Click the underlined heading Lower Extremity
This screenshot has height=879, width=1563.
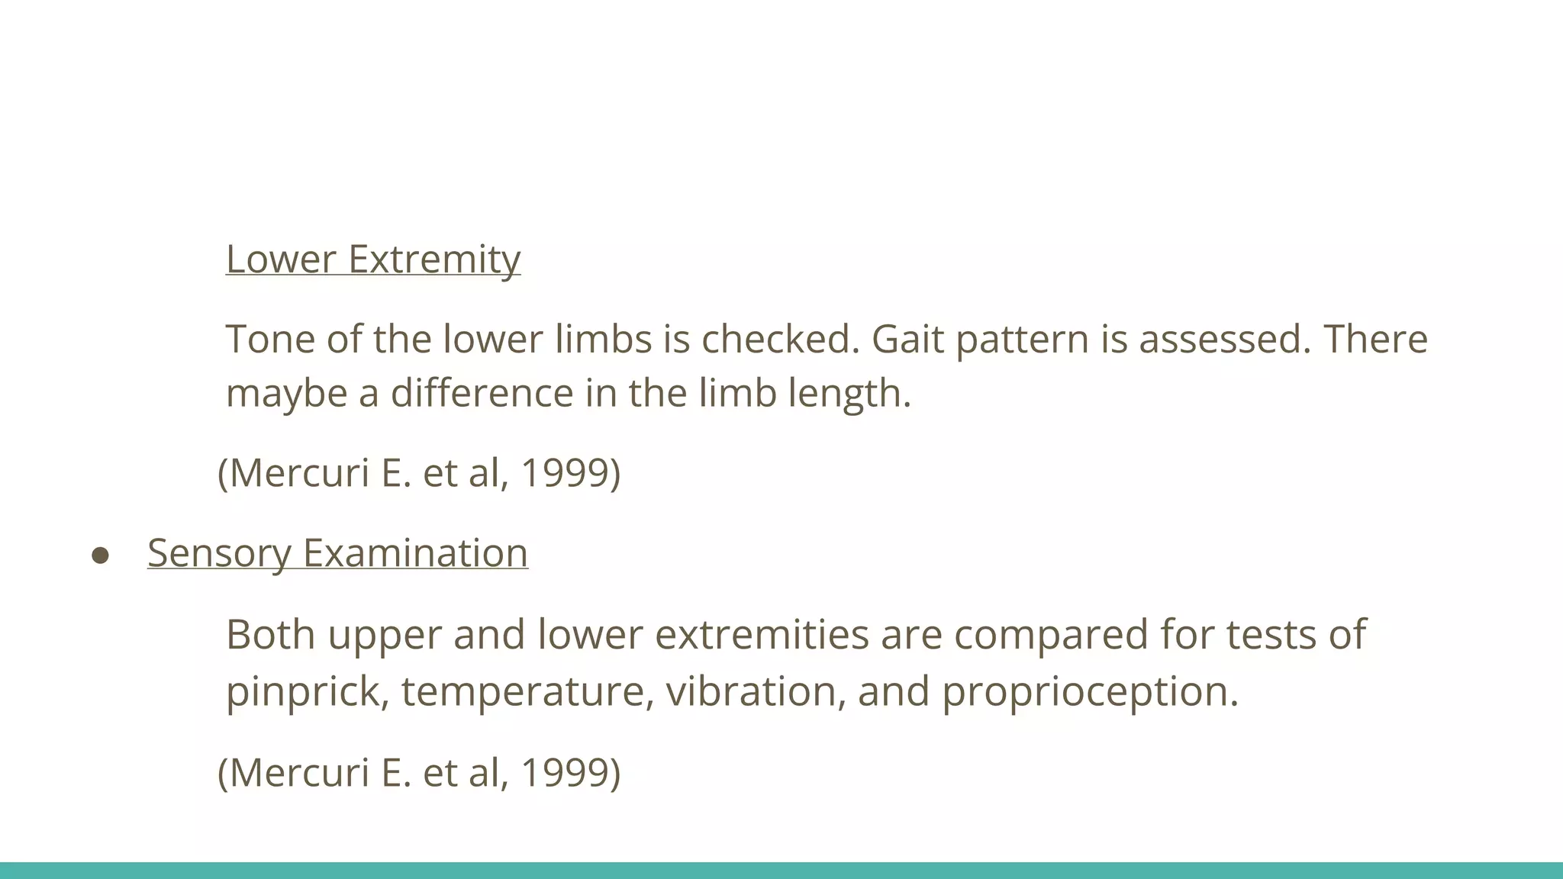[373, 259]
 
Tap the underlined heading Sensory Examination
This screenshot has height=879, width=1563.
[337, 553]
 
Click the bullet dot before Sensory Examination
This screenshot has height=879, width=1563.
[100, 555]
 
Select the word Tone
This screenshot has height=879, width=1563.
[270, 339]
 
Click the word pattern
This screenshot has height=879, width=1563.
[1022, 340]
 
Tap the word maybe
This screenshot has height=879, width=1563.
[286, 394]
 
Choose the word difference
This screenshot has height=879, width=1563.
[482, 393]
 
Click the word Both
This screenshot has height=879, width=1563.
[270, 634]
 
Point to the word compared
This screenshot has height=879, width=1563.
[1051, 636]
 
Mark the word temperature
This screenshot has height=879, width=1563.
[527, 692]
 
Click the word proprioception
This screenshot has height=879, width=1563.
[1089, 692]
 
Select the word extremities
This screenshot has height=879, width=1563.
[762, 634]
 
